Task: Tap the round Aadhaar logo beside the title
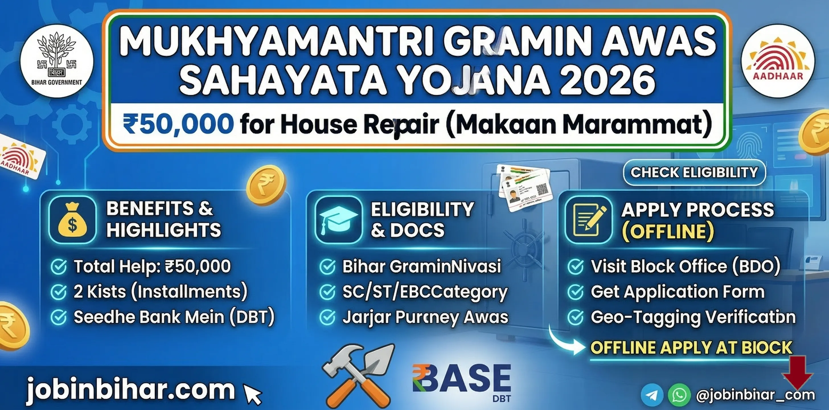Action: point(778,61)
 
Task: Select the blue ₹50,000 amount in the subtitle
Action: point(178,124)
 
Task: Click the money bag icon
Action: point(73,220)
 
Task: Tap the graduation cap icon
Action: point(338,220)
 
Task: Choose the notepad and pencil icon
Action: point(589,220)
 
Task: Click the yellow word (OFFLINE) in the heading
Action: point(668,231)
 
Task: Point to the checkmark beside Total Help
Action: point(59,266)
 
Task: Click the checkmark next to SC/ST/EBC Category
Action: point(328,292)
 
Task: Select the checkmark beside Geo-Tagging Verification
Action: point(576,317)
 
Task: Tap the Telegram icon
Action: point(652,395)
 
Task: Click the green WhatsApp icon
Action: point(679,395)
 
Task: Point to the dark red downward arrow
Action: point(798,372)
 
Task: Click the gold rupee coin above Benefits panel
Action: point(266,185)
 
